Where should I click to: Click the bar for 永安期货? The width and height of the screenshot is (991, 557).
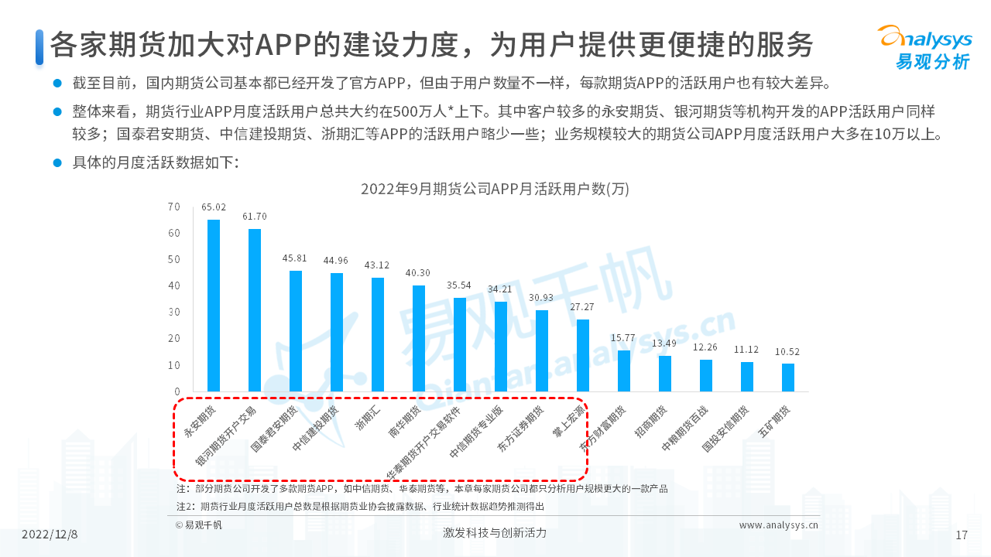(x=214, y=306)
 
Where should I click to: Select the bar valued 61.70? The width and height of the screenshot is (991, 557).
(x=255, y=309)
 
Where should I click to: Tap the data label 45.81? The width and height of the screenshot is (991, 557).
(x=296, y=258)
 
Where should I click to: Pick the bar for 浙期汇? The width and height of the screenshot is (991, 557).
(x=378, y=334)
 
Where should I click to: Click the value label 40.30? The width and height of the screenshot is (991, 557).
(x=419, y=273)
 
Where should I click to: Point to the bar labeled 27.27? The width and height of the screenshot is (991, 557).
(x=583, y=355)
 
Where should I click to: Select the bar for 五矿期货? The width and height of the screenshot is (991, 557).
(x=788, y=378)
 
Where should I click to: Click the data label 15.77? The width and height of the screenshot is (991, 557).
(x=623, y=338)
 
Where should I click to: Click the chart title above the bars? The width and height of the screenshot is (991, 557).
(x=495, y=189)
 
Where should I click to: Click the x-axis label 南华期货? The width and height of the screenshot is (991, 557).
(x=403, y=422)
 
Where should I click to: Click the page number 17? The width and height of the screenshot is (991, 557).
(x=962, y=535)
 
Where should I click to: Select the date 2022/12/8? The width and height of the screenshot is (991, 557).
(x=50, y=534)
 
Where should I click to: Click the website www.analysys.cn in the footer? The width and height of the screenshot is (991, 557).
(x=778, y=525)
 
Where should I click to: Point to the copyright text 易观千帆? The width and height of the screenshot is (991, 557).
(x=199, y=525)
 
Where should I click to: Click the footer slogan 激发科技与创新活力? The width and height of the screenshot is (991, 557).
(x=495, y=533)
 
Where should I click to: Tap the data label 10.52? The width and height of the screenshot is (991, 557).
(x=787, y=351)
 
